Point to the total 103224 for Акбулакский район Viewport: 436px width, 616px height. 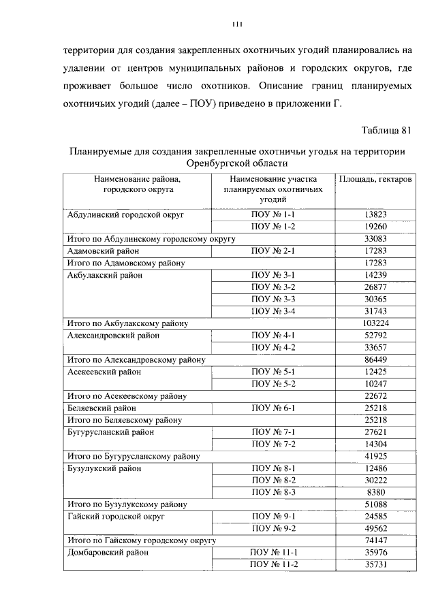[x=375, y=323]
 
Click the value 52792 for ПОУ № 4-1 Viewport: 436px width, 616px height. [x=375, y=335]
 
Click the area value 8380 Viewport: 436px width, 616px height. [x=375, y=491]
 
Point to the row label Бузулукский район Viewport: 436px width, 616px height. [x=104, y=468]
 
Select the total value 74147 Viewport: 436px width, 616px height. [x=375, y=540]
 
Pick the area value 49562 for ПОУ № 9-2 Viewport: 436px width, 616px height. [x=375, y=528]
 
